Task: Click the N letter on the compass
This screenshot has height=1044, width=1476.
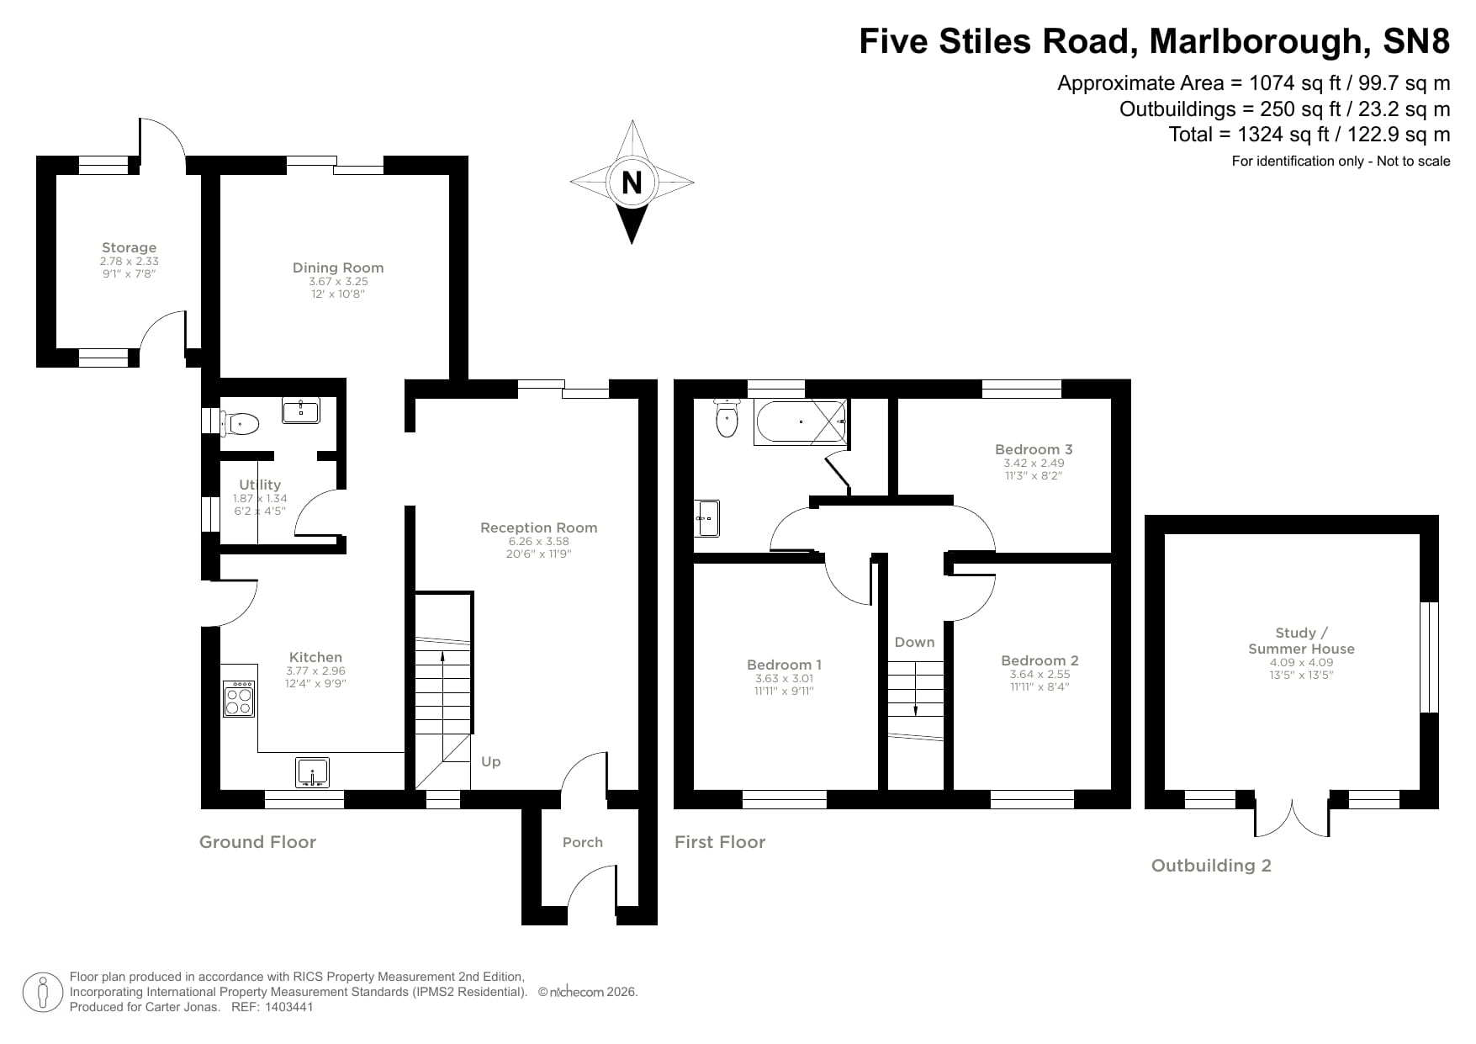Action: pyautogui.click(x=632, y=182)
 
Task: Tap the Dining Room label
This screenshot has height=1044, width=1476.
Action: pyautogui.click(x=338, y=268)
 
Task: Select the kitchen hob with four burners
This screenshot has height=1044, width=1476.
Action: pyautogui.click(x=239, y=698)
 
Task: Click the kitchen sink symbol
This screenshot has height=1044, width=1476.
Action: pyautogui.click(x=313, y=771)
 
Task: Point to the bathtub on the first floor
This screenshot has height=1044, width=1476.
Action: pyautogui.click(x=801, y=422)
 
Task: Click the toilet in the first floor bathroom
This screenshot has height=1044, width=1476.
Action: pyautogui.click(x=726, y=418)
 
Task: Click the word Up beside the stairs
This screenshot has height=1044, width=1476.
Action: pyautogui.click(x=491, y=761)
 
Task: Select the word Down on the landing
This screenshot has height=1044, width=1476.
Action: pyautogui.click(x=914, y=642)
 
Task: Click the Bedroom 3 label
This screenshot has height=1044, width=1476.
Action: pyautogui.click(x=1034, y=449)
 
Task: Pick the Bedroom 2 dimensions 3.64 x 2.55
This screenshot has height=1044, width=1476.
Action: pyautogui.click(x=1040, y=674)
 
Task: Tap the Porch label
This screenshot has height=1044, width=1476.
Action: pyautogui.click(x=583, y=842)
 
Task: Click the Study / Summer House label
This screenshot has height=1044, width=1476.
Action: pyautogui.click(x=1301, y=640)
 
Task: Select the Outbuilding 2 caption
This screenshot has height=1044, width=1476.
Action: pyautogui.click(x=1211, y=866)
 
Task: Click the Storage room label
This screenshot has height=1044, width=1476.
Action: pyautogui.click(x=129, y=247)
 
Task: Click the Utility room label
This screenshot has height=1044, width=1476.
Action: pyautogui.click(x=260, y=485)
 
